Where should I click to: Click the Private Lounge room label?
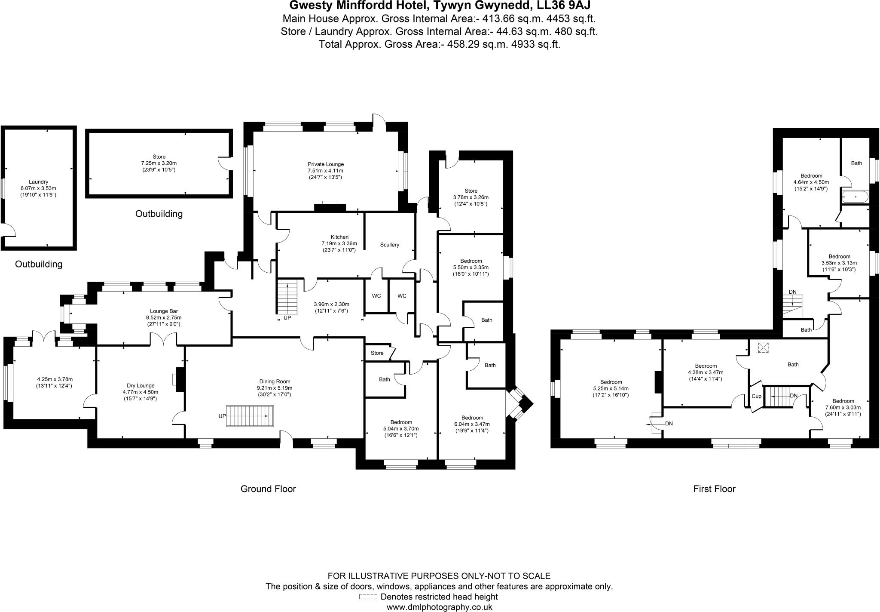point(325,164)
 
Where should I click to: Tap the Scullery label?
point(389,245)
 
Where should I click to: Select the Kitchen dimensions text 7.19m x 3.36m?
point(339,243)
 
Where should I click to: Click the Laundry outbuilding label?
point(38,182)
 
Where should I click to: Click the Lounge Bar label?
point(164,311)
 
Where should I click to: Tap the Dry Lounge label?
point(140,386)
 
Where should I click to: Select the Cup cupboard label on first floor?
point(756,396)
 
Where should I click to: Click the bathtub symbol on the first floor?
point(856,197)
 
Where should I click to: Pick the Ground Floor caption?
point(268,489)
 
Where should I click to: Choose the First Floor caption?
point(714,489)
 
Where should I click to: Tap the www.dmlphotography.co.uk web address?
point(439,607)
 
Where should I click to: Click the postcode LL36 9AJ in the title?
point(561,5)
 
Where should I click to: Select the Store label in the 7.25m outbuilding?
point(159,157)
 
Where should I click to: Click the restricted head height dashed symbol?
point(368,597)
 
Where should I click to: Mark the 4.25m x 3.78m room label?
point(55,379)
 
